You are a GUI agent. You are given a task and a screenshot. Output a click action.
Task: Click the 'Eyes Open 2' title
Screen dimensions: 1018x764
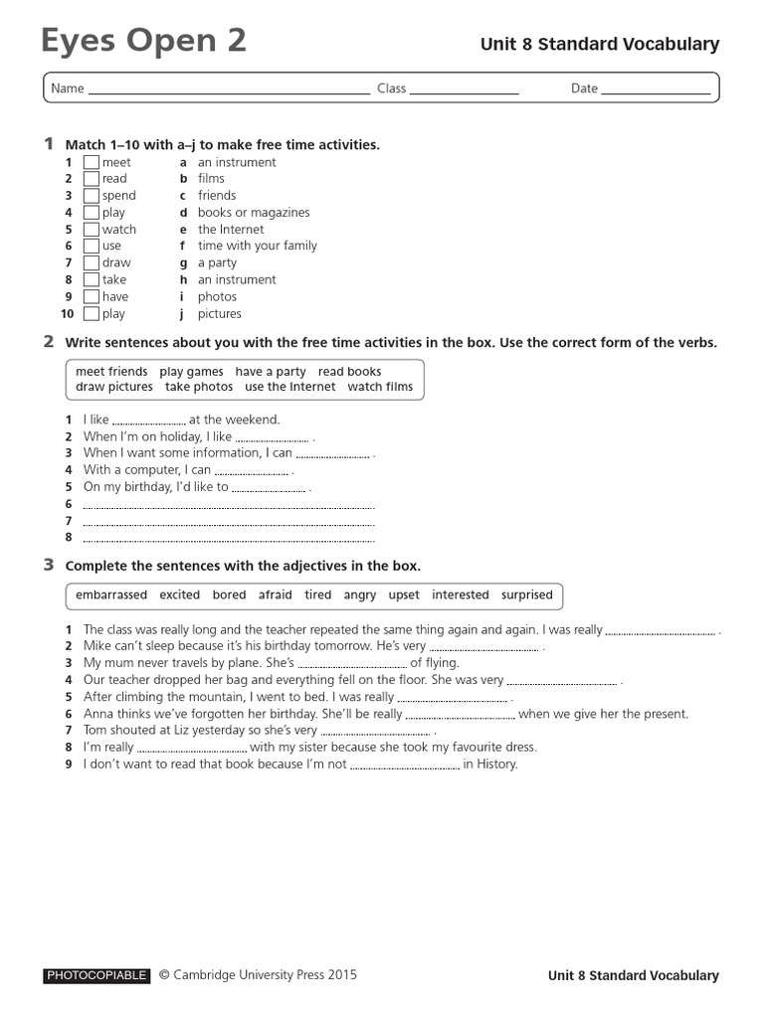(x=143, y=42)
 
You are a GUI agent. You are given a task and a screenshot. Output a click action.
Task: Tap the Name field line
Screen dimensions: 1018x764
(x=229, y=91)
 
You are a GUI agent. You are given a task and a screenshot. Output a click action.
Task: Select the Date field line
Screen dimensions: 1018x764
(x=657, y=91)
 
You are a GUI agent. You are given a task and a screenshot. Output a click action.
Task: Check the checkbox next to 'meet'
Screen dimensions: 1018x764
(x=92, y=162)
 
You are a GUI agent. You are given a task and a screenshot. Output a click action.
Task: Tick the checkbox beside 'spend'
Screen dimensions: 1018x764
(x=92, y=196)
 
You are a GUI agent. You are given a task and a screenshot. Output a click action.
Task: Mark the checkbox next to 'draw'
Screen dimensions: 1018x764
(x=92, y=263)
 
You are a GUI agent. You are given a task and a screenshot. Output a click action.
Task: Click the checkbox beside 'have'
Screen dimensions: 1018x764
(x=92, y=297)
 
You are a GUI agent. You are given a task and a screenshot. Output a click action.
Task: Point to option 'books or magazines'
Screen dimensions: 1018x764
(x=254, y=213)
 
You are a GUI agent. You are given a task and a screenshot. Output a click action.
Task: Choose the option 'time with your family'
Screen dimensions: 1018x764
(x=258, y=246)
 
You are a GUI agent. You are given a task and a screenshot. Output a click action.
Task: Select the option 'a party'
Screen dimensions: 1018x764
(x=217, y=263)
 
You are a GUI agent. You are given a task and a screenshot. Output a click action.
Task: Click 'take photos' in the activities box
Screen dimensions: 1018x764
(x=199, y=387)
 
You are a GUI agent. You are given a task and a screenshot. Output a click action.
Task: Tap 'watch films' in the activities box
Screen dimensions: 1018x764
(x=380, y=387)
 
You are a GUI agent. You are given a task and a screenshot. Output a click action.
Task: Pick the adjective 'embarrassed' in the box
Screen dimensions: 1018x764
(x=110, y=595)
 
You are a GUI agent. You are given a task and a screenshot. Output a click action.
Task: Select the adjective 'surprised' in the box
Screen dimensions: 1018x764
(x=527, y=595)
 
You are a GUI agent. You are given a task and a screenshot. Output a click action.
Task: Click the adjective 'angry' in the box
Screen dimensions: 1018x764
(x=360, y=595)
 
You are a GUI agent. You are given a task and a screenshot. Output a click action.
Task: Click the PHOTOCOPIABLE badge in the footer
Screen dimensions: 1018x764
(x=96, y=976)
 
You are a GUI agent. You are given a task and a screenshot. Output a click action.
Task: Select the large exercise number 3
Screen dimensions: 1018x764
(x=48, y=565)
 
